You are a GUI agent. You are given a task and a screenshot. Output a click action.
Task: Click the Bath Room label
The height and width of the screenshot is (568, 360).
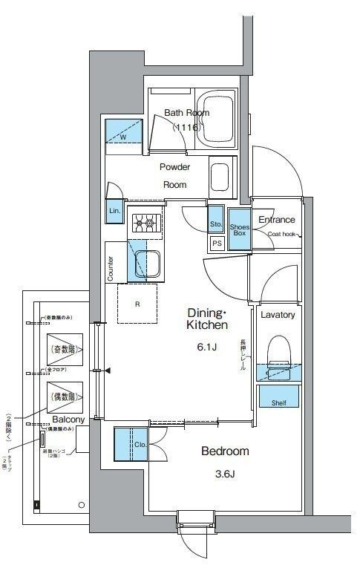186,113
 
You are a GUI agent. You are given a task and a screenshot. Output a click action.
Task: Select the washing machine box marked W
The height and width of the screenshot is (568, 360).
122,134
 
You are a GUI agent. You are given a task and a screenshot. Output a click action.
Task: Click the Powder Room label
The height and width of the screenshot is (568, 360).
174,175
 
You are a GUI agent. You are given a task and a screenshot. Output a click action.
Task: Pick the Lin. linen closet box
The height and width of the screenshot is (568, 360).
114,211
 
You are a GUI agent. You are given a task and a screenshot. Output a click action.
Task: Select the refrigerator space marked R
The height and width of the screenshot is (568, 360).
138,304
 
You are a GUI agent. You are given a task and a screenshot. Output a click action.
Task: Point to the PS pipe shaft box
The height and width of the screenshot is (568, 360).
217,243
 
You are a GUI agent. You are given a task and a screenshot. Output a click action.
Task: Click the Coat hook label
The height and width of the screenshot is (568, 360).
282,233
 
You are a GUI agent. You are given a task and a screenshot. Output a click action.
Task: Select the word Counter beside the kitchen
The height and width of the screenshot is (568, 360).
111,269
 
